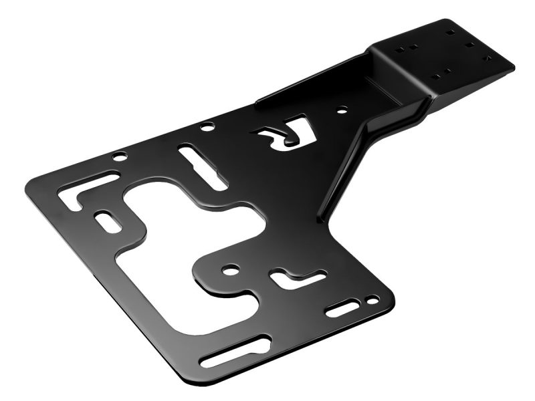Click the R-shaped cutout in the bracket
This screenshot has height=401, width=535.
[x=278, y=134]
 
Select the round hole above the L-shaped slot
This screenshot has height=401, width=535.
[x=119, y=158]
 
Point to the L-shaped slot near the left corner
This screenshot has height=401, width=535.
[x=84, y=189]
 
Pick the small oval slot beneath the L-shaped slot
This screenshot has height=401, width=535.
[x=107, y=221]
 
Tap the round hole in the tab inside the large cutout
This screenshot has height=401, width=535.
[x=230, y=271]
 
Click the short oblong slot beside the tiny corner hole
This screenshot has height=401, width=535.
[x=343, y=309]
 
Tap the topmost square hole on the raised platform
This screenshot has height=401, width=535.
[x=449, y=30]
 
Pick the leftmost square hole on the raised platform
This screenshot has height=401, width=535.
[x=399, y=47]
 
